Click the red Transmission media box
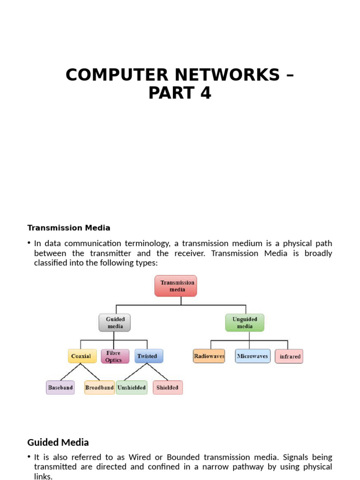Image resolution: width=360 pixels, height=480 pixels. point(176,286)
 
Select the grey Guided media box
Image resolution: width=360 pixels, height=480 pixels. point(115,322)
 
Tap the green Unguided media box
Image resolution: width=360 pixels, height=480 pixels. point(245,322)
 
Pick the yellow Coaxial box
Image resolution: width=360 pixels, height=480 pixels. point(82,356)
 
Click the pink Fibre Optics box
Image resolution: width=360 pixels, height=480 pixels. point(115,356)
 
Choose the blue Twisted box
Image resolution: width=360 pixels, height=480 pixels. point(149,356)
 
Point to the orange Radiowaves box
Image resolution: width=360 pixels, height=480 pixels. point(209,356)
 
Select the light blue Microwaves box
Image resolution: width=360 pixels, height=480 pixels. point(253,356)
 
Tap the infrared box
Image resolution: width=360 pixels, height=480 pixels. point(289,356)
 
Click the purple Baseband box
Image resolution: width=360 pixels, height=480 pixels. point(60,388)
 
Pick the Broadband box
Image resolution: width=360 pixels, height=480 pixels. point(99,388)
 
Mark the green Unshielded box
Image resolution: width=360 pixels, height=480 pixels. point(132,388)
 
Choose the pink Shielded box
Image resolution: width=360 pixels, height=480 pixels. point(167,388)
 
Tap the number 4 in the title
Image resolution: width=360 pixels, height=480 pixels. point(205,93)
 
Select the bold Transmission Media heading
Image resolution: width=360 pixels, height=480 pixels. point(69,228)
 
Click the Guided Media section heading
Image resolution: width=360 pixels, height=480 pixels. point(58,442)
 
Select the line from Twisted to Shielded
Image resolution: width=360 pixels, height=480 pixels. point(158,372)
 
